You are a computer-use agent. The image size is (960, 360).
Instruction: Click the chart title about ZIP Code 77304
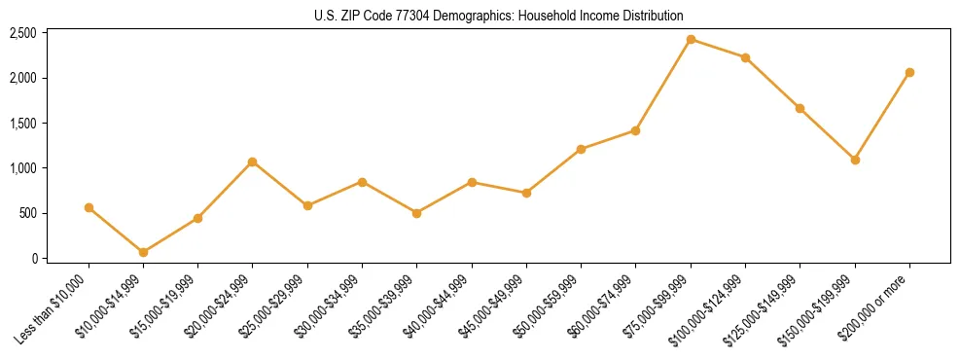tap(499, 16)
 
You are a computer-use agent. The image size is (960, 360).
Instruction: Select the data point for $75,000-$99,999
tap(691, 40)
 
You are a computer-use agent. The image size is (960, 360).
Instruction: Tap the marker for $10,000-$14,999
tap(143, 252)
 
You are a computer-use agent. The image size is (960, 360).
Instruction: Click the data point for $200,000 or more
tap(909, 72)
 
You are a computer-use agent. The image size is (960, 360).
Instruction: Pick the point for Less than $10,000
tap(89, 207)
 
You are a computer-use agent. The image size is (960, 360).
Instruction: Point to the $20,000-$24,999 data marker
tap(253, 162)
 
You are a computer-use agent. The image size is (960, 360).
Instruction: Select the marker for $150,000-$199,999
tap(855, 160)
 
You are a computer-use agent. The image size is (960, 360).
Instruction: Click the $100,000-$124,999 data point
tap(745, 57)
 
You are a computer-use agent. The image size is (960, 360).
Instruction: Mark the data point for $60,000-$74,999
tap(636, 130)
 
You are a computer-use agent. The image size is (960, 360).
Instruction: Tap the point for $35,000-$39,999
tap(417, 213)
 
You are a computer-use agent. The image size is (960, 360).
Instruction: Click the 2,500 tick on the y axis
tap(23, 33)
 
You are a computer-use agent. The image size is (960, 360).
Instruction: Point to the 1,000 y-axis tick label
tap(23, 168)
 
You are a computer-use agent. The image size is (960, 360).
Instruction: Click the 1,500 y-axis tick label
tap(23, 124)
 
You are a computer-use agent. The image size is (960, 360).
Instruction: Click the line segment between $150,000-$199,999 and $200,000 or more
tap(882, 116)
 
